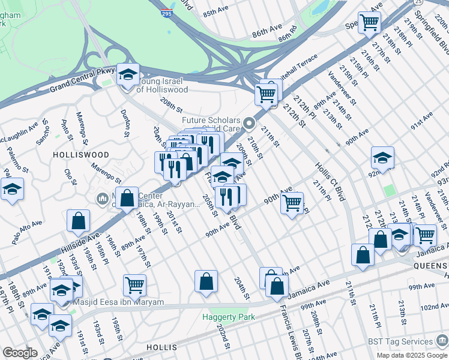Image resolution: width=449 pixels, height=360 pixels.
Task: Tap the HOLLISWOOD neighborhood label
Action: [x=81, y=154]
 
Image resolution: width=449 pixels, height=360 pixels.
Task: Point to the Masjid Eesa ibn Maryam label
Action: [x=118, y=302]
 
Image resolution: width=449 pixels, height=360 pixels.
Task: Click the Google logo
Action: [x=20, y=353]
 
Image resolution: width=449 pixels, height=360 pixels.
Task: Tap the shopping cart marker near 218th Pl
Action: [x=369, y=23]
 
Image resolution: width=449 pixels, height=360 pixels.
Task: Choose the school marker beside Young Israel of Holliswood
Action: [x=128, y=75]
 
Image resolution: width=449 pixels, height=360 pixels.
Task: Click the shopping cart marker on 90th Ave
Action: [x=292, y=203]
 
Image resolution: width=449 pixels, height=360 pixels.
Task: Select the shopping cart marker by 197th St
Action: [x=135, y=285]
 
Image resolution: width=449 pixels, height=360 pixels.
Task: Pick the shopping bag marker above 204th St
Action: [x=206, y=281]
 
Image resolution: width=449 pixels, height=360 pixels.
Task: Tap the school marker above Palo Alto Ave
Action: [x=12, y=189]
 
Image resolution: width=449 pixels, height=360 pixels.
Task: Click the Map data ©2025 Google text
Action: [x=411, y=355]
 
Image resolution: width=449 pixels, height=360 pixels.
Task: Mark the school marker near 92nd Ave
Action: [x=382, y=158]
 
